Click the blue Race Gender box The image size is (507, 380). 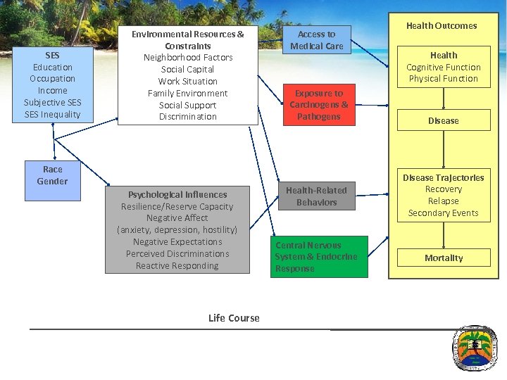(53, 175)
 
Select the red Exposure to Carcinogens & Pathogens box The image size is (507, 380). (318, 105)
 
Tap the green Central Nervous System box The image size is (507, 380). (318, 257)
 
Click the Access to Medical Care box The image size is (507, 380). (316, 40)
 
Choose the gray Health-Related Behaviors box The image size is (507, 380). (316, 196)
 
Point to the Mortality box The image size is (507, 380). (444, 258)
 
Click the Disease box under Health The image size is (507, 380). (444, 120)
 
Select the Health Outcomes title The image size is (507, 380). (442, 25)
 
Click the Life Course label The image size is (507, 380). (234, 318)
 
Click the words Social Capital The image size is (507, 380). (187, 69)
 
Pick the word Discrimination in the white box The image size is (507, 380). (187, 117)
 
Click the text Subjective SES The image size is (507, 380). (53, 103)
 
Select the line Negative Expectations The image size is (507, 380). (177, 242)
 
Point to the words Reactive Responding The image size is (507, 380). (177, 266)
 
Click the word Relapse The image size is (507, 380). (444, 201)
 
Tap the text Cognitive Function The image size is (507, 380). (444, 67)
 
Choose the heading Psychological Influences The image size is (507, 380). (177, 194)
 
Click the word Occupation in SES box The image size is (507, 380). (53, 79)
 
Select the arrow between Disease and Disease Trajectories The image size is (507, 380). (444, 149)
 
